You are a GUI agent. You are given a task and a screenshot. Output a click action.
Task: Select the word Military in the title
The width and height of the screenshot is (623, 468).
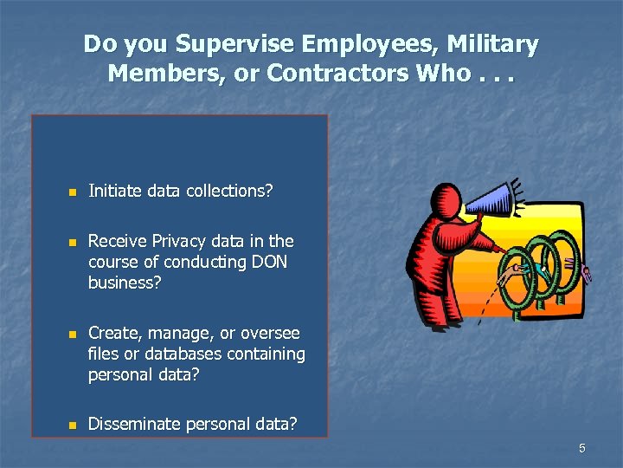pos(490,44)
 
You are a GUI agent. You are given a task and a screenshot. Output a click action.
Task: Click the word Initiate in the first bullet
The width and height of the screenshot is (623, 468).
pos(117,191)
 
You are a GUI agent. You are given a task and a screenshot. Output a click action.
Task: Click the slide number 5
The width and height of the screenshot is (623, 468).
pos(582,448)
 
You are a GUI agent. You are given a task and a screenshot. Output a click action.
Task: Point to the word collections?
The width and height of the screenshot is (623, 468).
pos(230,191)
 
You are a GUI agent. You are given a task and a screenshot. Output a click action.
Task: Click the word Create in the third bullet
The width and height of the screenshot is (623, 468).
pos(112,333)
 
